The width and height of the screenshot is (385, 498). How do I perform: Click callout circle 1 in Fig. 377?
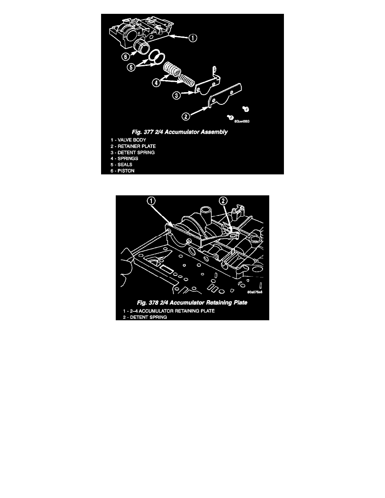pyautogui.click(x=193, y=38)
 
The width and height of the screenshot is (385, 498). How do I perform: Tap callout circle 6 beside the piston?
pyautogui.click(x=126, y=57)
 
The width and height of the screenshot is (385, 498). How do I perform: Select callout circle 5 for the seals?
pyautogui.click(x=131, y=67)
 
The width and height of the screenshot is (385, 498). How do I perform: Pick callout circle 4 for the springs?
pyautogui.click(x=156, y=83)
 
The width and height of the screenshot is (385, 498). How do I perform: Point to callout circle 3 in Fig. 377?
pyautogui.click(x=177, y=95)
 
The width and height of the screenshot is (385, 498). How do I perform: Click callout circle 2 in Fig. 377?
pyautogui.click(x=186, y=117)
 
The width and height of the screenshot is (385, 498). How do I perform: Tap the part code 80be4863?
pyautogui.click(x=242, y=121)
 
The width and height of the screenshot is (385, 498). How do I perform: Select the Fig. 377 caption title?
pyautogui.click(x=180, y=132)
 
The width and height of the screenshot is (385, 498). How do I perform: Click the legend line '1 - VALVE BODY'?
pyautogui.click(x=128, y=140)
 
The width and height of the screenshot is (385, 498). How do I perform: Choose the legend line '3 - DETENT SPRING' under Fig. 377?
pyautogui.click(x=133, y=153)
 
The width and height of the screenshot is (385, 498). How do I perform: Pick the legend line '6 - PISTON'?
pyautogui.click(x=122, y=171)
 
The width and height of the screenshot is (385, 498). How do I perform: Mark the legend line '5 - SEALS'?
pyautogui.click(x=121, y=164)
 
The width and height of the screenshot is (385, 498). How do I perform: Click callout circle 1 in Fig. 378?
pyautogui.click(x=151, y=201)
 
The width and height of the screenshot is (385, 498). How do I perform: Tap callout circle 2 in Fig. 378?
pyautogui.click(x=224, y=201)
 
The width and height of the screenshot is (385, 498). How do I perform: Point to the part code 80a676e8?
pyautogui.click(x=255, y=292)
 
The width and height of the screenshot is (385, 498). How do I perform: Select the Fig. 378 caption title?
pyautogui.click(x=192, y=303)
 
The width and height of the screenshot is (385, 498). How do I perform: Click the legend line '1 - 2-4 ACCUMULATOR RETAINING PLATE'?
pyautogui.click(x=169, y=311)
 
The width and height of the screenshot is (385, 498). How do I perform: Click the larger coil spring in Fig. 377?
pyautogui.click(x=172, y=69)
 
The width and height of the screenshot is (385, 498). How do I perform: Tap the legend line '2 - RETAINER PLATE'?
pyautogui.click(x=133, y=146)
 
